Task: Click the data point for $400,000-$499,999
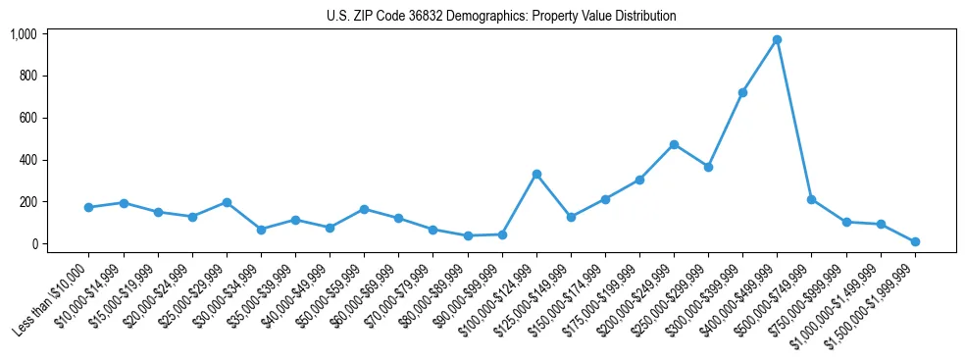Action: pos(777,40)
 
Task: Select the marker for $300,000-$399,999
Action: pos(742,92)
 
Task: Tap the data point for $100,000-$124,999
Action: pos(536,174)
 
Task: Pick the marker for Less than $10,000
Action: pos(89,207)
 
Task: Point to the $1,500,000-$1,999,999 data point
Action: pos(915,241)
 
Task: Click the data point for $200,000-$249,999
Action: pos(674,144)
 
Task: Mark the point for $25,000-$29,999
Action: pos(227,202)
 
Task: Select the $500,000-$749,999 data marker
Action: pos(811,199)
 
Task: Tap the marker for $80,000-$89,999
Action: pos(468,235)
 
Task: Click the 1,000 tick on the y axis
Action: pos(24,34)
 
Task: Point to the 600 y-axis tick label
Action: pos(27,118)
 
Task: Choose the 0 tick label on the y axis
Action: pos(33,243)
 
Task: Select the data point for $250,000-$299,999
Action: pos(708,167)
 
